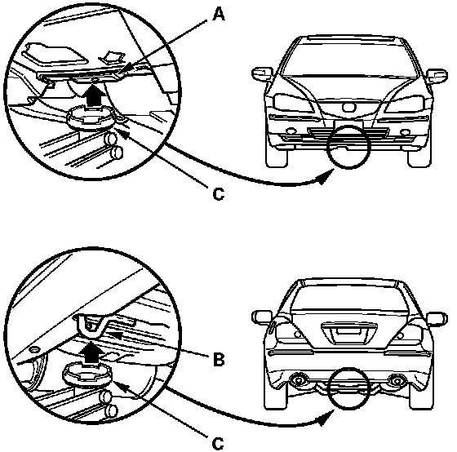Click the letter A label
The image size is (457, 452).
(x=219, y=15)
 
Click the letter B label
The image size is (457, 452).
(x=219, y=359)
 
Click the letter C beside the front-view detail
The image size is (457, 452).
(x=219, y=193)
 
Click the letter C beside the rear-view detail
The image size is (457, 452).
(x=218, y=444)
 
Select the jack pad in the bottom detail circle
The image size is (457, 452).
(x=87, y=374)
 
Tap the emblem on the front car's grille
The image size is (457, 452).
(x=349, y=107)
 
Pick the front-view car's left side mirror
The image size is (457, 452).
(x=262, y=73)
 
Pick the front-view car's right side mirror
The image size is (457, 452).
(x=437, y=76)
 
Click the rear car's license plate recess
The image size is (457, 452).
(x=348, y=331)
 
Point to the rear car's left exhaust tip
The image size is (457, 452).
(x=298, y=380)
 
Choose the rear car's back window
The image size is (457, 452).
(x=348, y=298)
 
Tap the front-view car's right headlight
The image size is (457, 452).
(x=405, y=103)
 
